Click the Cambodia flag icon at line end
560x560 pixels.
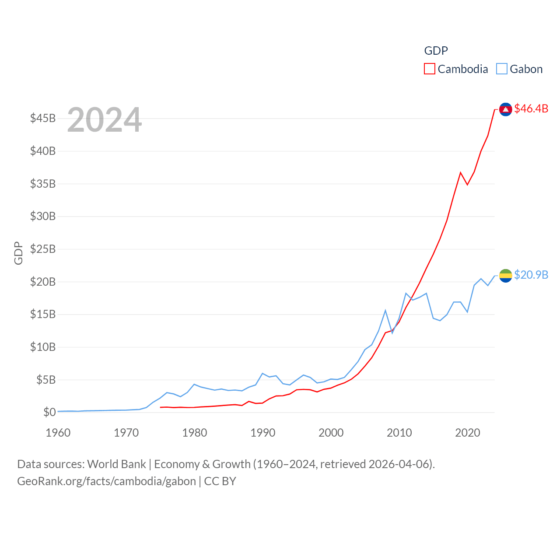pyautogui.click(x=505, y=109)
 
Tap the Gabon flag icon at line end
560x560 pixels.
pyautogui.click(x=505, y=276)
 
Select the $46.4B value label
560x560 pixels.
pyautogui.click(x=531, y=108)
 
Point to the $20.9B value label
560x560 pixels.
pyautogui.click(x=531, y=275)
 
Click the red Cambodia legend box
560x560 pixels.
pyautogui.click(x=430, y=69)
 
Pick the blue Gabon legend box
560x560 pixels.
pyautogui.click(x=502, y=69)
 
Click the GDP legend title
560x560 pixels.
pyautogui.click(x=436, y=51)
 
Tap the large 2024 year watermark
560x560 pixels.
pyautogui.click(x=105, y=120)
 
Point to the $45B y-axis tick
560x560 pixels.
pyautogui.click(x=43, y=118)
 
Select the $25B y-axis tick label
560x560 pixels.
pyautogui.click(x=43, y=249)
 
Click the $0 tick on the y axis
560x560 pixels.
pyautogui.click(x=49, y=412)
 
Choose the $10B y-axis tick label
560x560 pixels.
pyautogui.click(x=43, y=347)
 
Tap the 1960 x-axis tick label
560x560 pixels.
pyautogui.click(x=58, y=433)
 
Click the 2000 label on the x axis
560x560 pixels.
pyautogui.click(x=331, y=433)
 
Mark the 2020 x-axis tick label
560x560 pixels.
pyautogui.click(x=468, y=433)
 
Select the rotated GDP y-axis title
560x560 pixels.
pyautogui.click(x=18, y=253)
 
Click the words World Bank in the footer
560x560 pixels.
pyautogui.click(x=116, y=464)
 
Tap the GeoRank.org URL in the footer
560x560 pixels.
pyautogui.click(x=106, y=481)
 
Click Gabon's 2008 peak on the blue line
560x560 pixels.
pyautogui.click(x=385, y=311)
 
